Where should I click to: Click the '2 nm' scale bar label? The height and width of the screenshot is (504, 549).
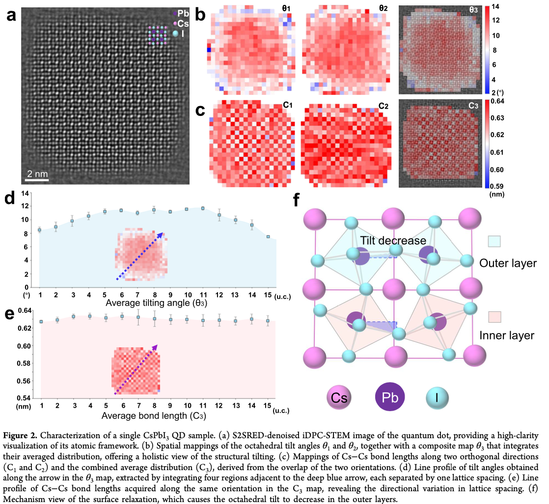click(x=37, y=174)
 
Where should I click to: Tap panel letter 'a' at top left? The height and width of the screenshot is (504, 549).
click(x=11, y=15)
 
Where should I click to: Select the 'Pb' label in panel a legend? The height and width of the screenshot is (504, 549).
click(x=183, y=13)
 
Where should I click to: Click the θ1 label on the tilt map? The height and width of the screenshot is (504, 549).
click(x=286, y=8)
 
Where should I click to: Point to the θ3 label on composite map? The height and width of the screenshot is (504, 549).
click(x=473, y=10)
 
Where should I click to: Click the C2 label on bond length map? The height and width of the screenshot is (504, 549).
click(x=384, y=106)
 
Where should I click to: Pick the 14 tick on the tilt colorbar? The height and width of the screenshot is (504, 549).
click(x=495, y=6)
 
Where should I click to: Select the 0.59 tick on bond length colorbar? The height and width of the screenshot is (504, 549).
click(x=497, y=186)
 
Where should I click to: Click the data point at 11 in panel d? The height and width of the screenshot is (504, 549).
click(x=203, y=208)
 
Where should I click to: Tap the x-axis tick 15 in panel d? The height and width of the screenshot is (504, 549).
click(x=268, y=295)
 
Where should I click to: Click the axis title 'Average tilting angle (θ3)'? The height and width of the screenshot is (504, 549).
click(x=156, y=303)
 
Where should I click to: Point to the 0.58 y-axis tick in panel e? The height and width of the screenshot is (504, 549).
click(x=24, y=363)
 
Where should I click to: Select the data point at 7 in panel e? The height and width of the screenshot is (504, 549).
click(x=138, y=317)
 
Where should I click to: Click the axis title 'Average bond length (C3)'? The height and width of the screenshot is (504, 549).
click(x=154, y=416)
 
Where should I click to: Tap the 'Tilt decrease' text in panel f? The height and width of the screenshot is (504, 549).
click(x=393, y=241)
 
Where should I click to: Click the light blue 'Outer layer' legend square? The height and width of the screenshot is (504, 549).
click(x=494, y=241)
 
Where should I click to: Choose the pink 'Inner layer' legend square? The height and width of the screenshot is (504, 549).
click(x=494, y=317)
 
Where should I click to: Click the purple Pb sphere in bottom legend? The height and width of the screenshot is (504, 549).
click(x=390, y=397)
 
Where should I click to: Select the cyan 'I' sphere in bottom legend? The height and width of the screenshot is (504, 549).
click(x=437, y=397)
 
